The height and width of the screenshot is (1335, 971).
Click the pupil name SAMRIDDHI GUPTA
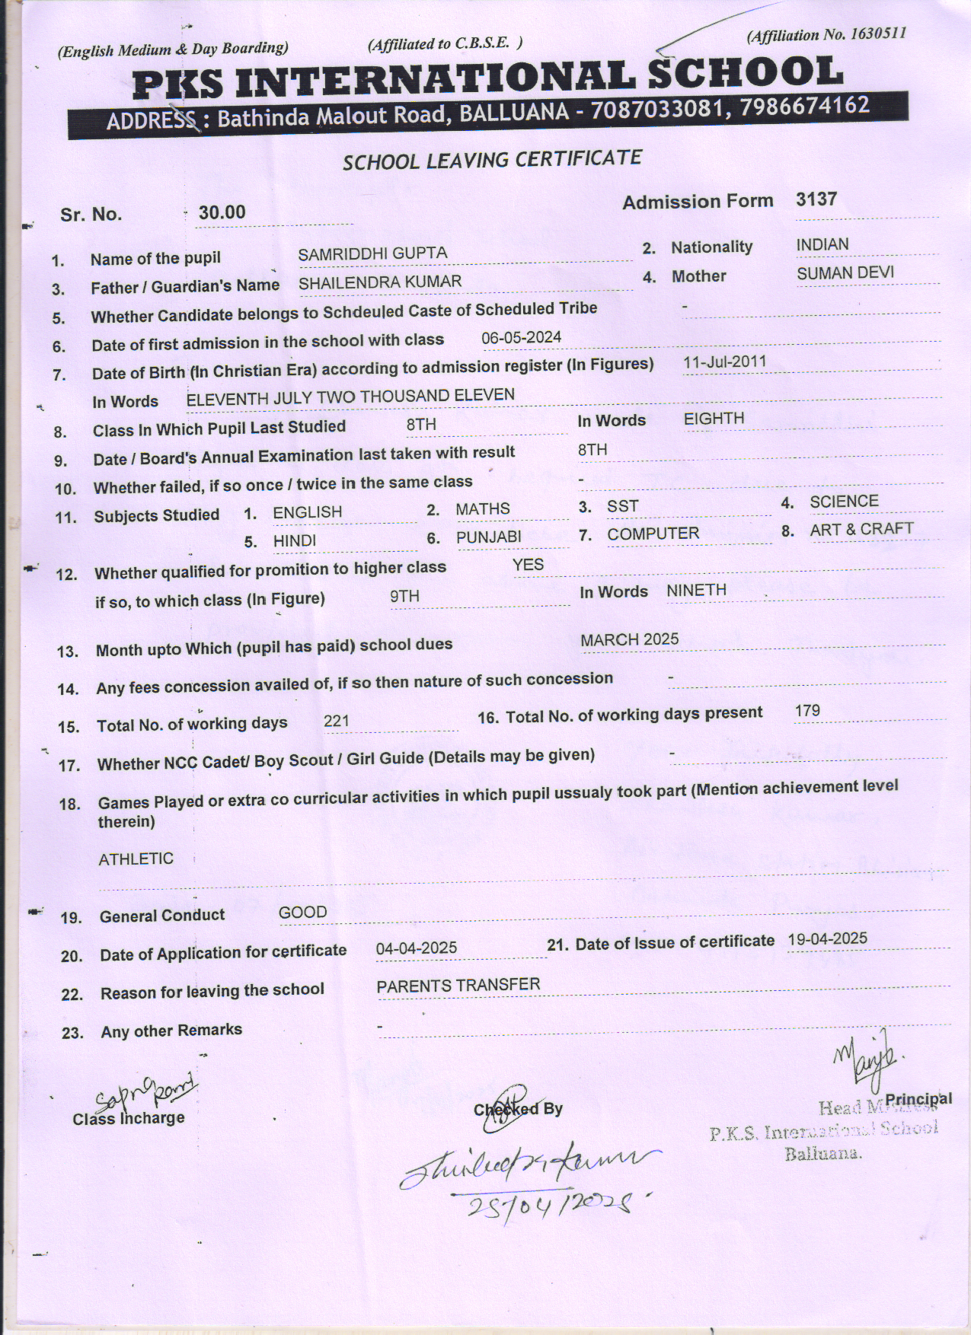[372, 253]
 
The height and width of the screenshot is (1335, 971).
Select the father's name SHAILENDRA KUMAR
[379, 282]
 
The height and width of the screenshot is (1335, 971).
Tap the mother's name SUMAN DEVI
[845, 273]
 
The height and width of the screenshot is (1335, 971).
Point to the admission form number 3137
[816, 199]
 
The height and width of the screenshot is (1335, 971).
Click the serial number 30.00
[222, 212]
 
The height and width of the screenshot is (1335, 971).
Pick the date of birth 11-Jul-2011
[724, 362]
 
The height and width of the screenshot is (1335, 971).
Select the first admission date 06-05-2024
[522, 336]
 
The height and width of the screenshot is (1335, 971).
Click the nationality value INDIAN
[822, 244]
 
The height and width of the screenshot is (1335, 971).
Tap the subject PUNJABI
[489, 537]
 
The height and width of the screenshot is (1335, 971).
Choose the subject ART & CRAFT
[861, 529]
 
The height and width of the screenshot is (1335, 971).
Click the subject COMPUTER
[653, 534]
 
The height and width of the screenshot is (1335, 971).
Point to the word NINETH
[696, 590]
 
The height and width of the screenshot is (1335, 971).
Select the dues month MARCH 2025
[629, 639]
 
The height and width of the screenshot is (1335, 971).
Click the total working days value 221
[337, 720]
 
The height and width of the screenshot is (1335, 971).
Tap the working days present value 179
[807, 710]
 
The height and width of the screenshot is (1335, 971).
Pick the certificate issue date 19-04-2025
[827, 938]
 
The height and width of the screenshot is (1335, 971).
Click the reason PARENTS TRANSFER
[458, 985]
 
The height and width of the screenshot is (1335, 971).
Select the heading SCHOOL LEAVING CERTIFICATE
[492, 160]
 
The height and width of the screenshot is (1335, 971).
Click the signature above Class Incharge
[145, 1094]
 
